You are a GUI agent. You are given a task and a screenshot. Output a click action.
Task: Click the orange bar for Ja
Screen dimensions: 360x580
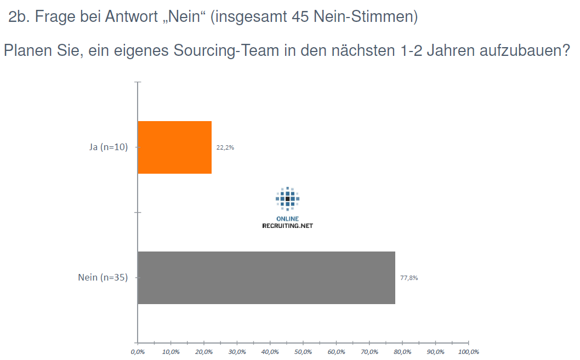[x=174, y=147]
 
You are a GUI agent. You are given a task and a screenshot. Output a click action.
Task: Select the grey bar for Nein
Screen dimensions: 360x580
[x=266, y=277]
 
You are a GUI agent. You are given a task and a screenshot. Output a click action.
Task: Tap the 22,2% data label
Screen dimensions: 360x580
[x=225, y=147]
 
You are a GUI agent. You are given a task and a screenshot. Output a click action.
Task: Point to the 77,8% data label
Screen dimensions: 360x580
[x=409, y=278]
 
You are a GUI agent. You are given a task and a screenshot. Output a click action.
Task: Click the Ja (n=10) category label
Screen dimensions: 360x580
[x=109, y=147]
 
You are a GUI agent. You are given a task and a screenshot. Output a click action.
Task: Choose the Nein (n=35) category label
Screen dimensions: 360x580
[x=103, y=277]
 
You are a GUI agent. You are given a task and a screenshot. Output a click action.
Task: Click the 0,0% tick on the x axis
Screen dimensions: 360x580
[x=137, y=351]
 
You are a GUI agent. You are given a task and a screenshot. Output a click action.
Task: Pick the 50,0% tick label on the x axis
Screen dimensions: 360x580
[x=303, y=351]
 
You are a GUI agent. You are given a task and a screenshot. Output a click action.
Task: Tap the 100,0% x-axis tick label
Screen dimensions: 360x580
[x=469, y=351]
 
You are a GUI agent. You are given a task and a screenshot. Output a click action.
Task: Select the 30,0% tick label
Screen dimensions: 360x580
[x=237, y=351]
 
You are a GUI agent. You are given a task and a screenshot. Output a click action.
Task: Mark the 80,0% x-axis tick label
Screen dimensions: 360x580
[x=402, y=351]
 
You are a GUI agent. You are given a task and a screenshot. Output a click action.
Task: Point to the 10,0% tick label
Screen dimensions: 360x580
[x=170, y=351]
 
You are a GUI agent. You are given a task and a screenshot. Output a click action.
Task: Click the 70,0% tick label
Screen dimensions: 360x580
[x=369, y=351]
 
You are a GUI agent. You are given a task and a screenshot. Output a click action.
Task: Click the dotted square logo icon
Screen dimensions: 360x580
[x=287, y=198]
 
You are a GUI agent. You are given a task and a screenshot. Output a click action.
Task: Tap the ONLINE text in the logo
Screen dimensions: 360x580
[x=287, y=219]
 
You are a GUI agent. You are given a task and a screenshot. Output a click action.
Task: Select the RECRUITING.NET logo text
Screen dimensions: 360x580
[x=287, y=226]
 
